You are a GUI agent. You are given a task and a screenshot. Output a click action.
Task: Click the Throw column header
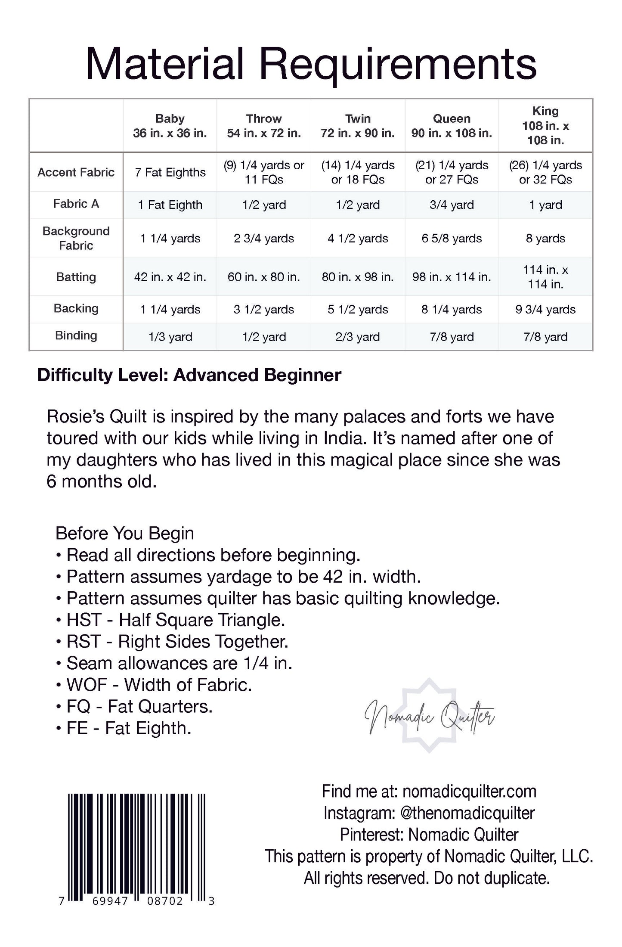(x=264, y=126)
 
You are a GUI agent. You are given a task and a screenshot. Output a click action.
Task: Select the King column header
(x=545, y=125)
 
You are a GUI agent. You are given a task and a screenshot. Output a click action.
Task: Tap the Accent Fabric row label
(x=76, y=172)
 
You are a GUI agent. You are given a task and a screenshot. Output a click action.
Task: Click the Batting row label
(x=76, y=277)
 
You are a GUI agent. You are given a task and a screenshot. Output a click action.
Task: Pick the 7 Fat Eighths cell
(x=170, y=172)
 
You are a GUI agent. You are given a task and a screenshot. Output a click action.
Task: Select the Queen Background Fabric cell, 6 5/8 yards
(x=452, y=239)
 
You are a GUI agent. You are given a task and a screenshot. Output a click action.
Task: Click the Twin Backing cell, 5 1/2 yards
(x=358, y=310)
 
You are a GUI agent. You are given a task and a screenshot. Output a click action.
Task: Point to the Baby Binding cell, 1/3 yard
(x=170, y=337)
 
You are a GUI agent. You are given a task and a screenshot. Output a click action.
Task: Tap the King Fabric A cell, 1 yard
(x=545, y=205)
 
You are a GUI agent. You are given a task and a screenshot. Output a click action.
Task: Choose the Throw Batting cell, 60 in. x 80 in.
(x=264, y=277)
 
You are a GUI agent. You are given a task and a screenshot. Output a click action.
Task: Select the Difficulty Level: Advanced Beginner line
(x=189, y=375)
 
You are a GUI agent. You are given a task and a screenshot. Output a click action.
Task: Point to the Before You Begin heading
(x=124, y=533)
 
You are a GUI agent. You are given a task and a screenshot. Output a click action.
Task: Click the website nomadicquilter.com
(x=469, y=792)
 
